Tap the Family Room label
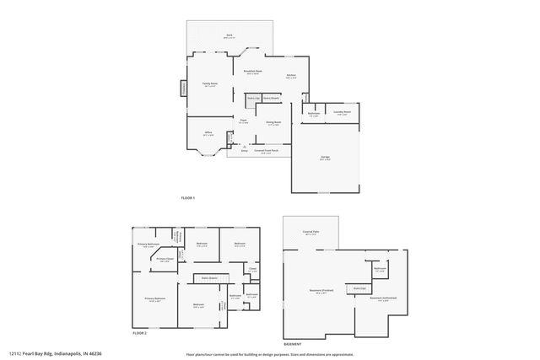click(x=209, y=84)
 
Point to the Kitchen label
click(x=291, y=76)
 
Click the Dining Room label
click(x=273, y=123)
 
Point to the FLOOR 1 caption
click(x=188, y=197)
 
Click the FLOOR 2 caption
click(x=140, y=334)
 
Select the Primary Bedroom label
click(x=154, y=299)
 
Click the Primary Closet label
click(x=165, y=260)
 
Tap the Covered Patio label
click(x=310, y=232)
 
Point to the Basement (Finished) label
click(x=321, y=292)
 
